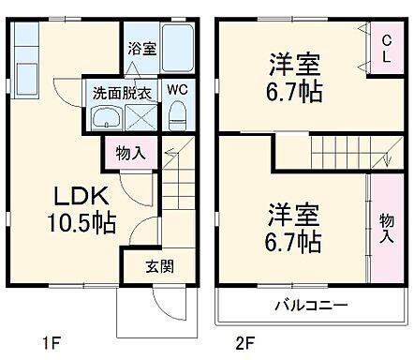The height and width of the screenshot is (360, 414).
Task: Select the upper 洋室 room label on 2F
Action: tap(294, 67)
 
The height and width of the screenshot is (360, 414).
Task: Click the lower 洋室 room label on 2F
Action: tap(294, 212)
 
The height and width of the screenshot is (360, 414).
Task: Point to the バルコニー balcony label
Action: tap(311, 305)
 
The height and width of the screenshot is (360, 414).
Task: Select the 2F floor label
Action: tap(244, 343)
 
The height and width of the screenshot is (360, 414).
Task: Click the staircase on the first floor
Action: tap(177, 187)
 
